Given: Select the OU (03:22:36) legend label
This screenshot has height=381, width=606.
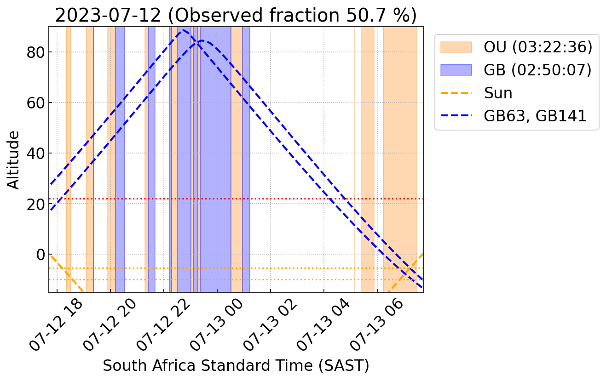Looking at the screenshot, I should (x=537, y=47).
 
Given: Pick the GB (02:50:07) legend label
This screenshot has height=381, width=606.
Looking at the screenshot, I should (x=537, y=70).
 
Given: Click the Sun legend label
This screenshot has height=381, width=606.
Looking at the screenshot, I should (x=498, y=93).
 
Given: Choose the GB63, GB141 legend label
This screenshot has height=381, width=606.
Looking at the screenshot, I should (x=535, y=116).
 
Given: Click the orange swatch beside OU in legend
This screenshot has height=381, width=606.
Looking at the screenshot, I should (x=456, y=47).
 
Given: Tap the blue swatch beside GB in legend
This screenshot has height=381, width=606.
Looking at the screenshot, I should (x=456, y=70).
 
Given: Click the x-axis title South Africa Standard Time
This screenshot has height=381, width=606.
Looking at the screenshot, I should (x=236, y=366).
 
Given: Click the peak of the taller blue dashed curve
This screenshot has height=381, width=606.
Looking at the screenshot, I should (x=183, y=30).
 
